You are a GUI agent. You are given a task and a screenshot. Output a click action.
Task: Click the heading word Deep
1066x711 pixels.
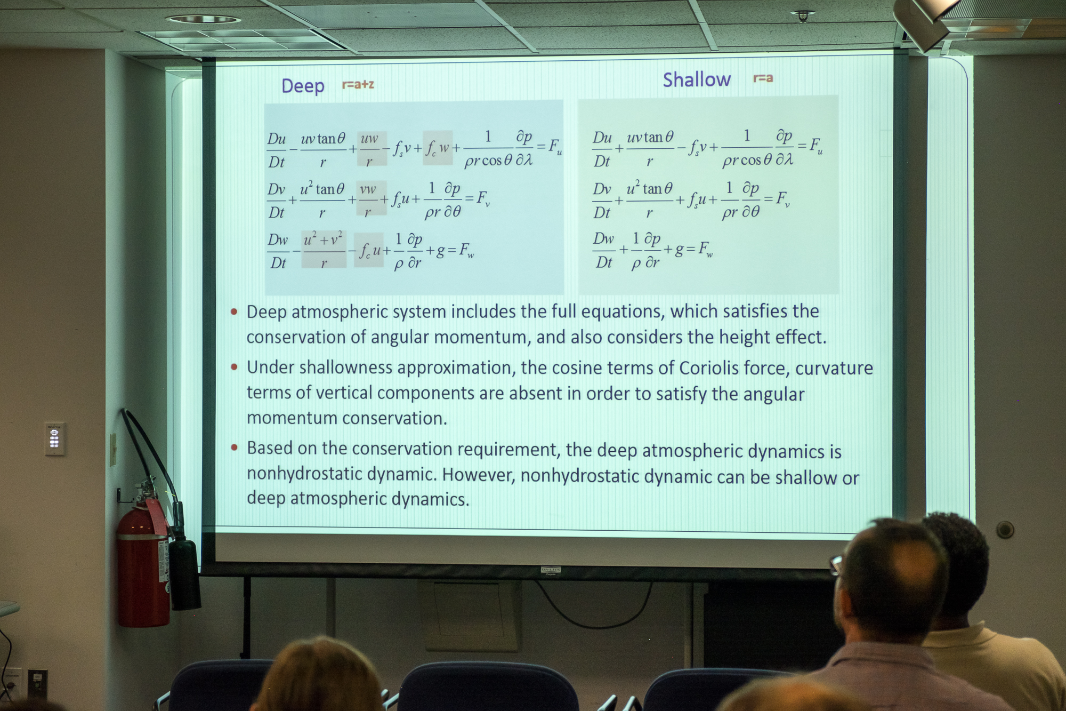point(303,85)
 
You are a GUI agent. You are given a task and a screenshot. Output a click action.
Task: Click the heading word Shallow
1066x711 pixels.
point(697,79)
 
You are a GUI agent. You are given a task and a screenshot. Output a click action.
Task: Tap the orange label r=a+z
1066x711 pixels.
point(358,84)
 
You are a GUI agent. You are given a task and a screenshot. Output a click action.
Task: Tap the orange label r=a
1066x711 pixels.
point(763,78)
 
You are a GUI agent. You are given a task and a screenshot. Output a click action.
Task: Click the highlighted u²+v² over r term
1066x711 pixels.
point(324,249)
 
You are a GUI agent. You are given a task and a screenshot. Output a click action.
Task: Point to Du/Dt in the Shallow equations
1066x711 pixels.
point(602,149)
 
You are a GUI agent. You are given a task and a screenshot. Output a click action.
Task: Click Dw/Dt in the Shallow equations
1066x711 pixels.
point(603,250)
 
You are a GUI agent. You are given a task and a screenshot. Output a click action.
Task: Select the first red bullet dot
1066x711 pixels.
point(234,311)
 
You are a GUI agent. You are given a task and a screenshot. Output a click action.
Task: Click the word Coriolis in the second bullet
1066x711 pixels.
point(708,368)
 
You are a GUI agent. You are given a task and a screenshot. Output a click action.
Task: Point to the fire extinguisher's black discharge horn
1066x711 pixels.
point(184,573)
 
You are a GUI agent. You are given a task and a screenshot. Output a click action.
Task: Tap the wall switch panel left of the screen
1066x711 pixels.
point(55,439)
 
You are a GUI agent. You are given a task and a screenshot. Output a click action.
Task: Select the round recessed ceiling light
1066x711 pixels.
point(203,20)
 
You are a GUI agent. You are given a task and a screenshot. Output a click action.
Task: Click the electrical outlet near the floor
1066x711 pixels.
point(37,683)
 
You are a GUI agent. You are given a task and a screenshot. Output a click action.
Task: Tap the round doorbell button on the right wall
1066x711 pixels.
point(1005,530)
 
